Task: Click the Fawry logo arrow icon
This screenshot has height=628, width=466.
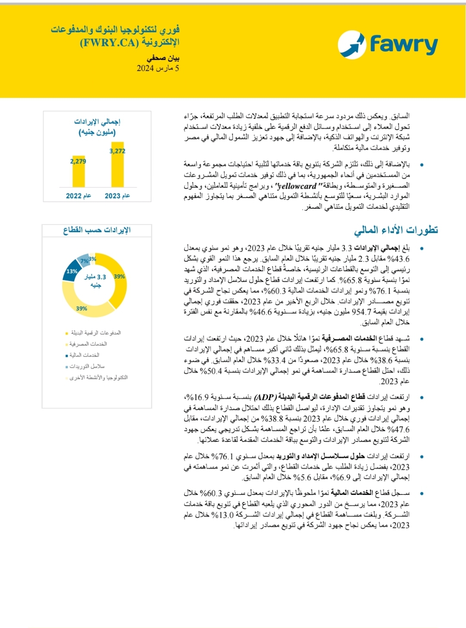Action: (x=352, y=44)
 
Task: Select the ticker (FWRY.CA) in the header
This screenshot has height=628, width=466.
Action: (x=109, y=43)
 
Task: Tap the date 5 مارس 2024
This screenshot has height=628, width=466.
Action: (x=158, y=68)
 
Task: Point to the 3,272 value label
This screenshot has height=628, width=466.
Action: (x=117, y=151)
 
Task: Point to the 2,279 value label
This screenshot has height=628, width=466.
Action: (x=78, y=161)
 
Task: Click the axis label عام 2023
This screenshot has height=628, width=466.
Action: (x=117, y=196)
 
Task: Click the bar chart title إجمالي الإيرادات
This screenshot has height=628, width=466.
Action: (x=97, y=122)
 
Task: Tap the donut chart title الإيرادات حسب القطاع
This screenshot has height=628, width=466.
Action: (x=97, y=230)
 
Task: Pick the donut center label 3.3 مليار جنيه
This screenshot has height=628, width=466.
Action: (x=95, y=281)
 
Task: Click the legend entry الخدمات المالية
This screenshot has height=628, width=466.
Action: (x=84, y=355)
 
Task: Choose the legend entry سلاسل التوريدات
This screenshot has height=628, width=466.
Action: (x=87, y=366)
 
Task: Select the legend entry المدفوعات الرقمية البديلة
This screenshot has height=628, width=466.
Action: (x=95, y=333)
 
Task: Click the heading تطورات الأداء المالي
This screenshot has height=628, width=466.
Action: (x=396, y=230)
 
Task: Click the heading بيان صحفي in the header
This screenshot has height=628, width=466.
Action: (x=163, y=58)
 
